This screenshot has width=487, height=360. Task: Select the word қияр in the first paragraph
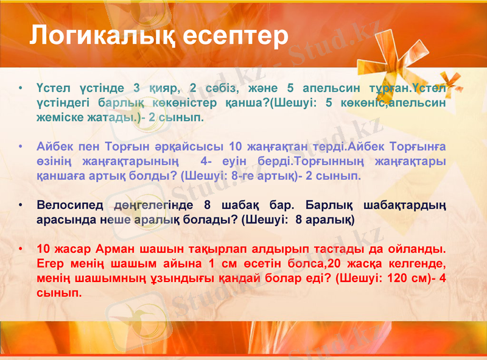coord(160,88)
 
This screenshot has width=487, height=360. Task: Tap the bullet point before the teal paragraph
coord(21,88)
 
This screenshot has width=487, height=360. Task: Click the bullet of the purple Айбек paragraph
coord(21,147)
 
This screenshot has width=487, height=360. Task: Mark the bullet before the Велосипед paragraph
coord(21,205)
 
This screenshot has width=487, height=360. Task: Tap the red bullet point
coord(21,250)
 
